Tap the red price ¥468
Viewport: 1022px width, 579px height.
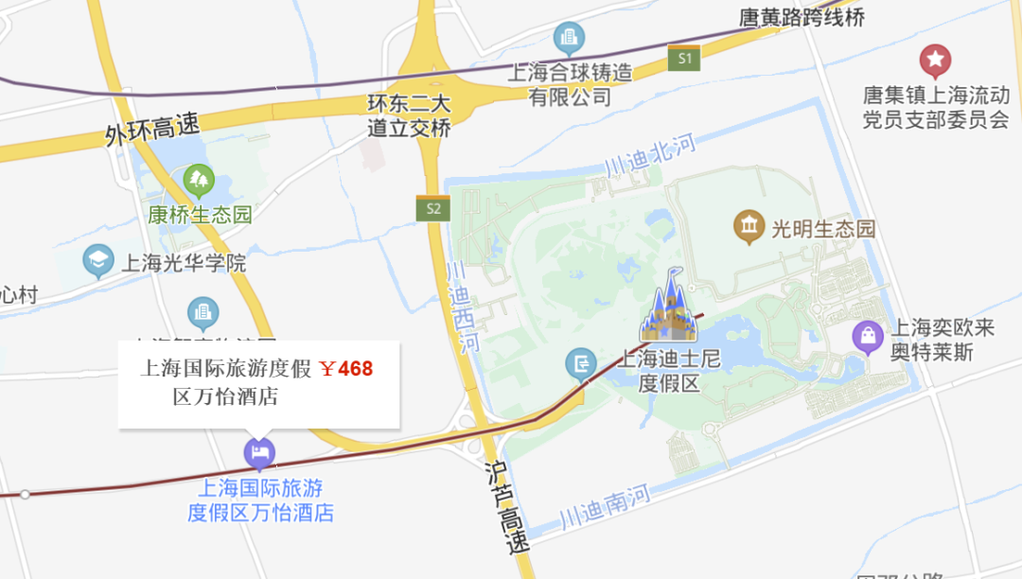tap(346, 369)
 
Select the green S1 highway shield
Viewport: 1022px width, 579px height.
tap(683, 59)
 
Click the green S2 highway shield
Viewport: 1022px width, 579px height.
tap(432, 209)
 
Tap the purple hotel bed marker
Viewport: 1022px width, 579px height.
tap(259, 453)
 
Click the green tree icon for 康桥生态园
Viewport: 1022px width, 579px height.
tap(199, 179)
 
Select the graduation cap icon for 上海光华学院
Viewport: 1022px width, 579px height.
tap(97, 261)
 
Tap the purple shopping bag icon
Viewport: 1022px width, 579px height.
tap(867, 337)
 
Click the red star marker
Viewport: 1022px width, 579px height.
tap(936, 61)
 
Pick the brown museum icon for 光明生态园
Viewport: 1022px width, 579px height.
tap(749, 227)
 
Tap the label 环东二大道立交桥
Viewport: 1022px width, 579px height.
tap(409, 116)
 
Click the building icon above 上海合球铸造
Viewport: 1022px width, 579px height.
tap(569, 38)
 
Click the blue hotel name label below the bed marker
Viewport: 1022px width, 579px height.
tap(261, 500)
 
